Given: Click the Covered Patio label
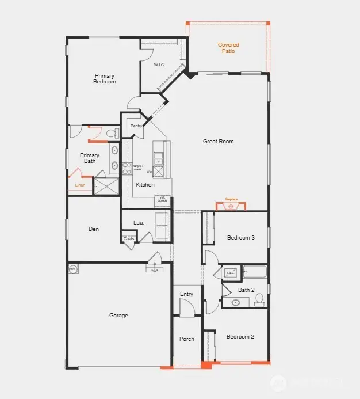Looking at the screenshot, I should coord(228,48).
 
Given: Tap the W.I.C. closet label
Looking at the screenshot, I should coord(159,64).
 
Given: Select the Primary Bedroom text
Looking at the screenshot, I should coord(105,79).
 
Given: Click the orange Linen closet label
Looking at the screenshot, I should coord(80,185).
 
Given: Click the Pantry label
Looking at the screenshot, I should coord(136,126).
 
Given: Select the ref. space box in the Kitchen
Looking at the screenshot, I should coord(163,200).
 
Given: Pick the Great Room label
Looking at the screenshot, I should coord(218,141).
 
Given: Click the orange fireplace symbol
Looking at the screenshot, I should coord(231,206).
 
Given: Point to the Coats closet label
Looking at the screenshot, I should coord(129,238).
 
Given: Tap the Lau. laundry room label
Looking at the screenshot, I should coord(139,222).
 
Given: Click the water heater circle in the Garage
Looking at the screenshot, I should coord(74,269).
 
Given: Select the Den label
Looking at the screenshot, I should coord(94,229).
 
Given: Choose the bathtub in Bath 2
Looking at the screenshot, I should coord(255,272).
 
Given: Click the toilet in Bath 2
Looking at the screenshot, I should coord(259,299).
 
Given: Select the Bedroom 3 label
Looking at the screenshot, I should coord(240,238).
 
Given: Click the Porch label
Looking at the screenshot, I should coord(186,339).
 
